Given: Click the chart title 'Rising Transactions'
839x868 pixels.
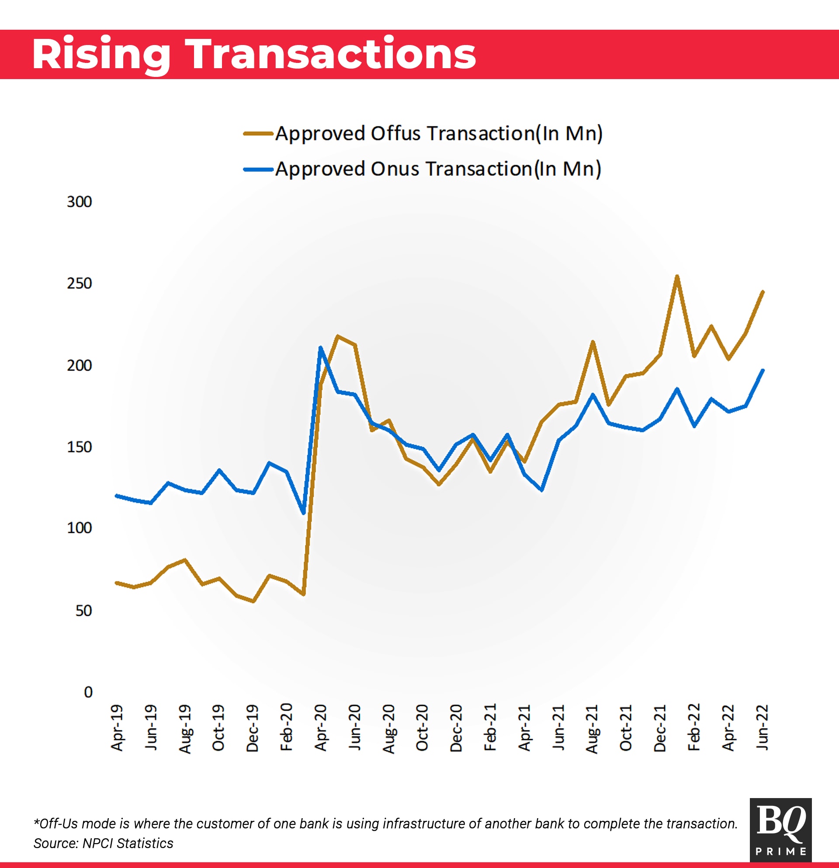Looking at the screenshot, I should click(x=254, y=55).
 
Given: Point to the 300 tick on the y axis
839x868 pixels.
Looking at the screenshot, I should click(x=79, y=202).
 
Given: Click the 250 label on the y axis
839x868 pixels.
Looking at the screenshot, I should click(x=79, y=283).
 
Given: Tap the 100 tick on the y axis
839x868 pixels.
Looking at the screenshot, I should click(x=79, y=528).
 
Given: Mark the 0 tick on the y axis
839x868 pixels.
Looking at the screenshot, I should click(x=88, y=692).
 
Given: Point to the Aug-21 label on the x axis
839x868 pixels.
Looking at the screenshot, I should click(x=592, y=729).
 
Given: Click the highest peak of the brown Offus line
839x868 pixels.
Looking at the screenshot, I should click(x=677, y=276).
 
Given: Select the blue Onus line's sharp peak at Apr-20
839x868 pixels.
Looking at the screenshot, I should click(x=320, y=347).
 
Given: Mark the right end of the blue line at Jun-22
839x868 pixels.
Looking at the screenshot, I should click(x=763, y=370).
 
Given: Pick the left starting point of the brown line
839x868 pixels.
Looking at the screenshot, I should click(x=116, y=583).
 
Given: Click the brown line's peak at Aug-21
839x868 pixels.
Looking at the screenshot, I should click(x=593, y=342).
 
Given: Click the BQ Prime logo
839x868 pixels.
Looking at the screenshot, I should click(x=780, y=830).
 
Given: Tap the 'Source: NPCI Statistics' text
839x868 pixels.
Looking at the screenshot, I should click(x=103, y=843).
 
